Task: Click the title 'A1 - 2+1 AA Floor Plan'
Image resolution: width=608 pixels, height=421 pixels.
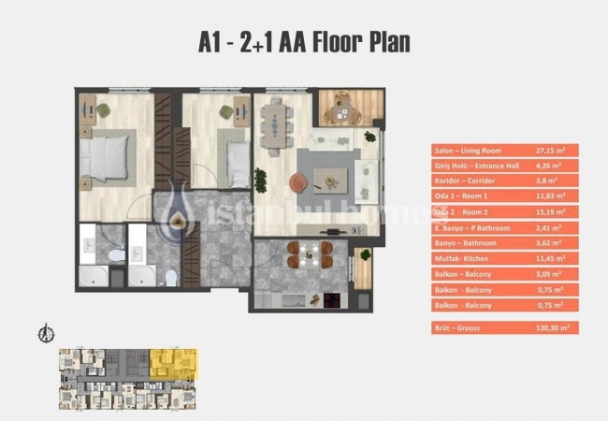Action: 304,43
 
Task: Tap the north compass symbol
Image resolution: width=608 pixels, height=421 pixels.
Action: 43,332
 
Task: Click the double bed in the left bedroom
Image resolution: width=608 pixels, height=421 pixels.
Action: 107,158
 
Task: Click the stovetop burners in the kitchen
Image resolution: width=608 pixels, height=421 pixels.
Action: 329,299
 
